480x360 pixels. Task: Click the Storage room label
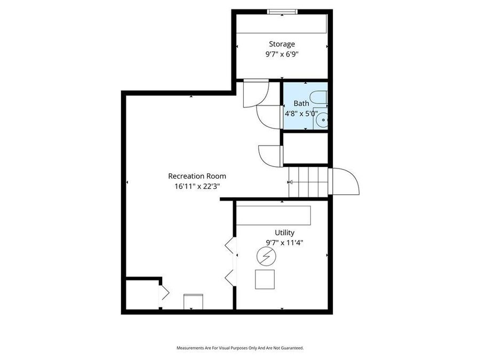(282, 44)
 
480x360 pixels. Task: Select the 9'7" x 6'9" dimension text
(282, 53)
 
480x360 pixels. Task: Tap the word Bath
(301, 103)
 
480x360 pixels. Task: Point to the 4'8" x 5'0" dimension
(301, 113)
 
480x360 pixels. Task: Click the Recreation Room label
(197, 176)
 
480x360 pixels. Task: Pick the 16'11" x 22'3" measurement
(197, 186)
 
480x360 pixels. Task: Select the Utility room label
(284, 233)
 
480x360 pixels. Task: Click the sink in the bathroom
(322, 121)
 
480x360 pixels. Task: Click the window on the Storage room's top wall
(282, 12)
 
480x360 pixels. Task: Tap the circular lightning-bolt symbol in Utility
(265, 258)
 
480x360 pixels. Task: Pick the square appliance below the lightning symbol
(265, 279)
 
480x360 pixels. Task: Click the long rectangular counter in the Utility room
(274, 215)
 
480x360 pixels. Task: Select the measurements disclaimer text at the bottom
(240, 348)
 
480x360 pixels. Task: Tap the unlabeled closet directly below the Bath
(305, 148)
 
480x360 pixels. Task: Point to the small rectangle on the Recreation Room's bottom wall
(193, 301)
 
